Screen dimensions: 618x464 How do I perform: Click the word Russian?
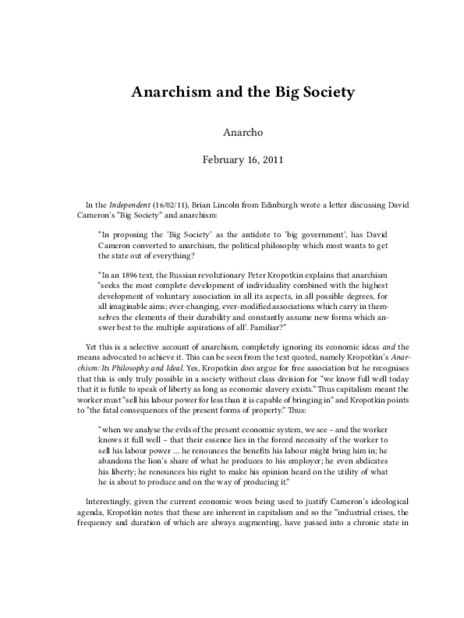click(x=185, y=274)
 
